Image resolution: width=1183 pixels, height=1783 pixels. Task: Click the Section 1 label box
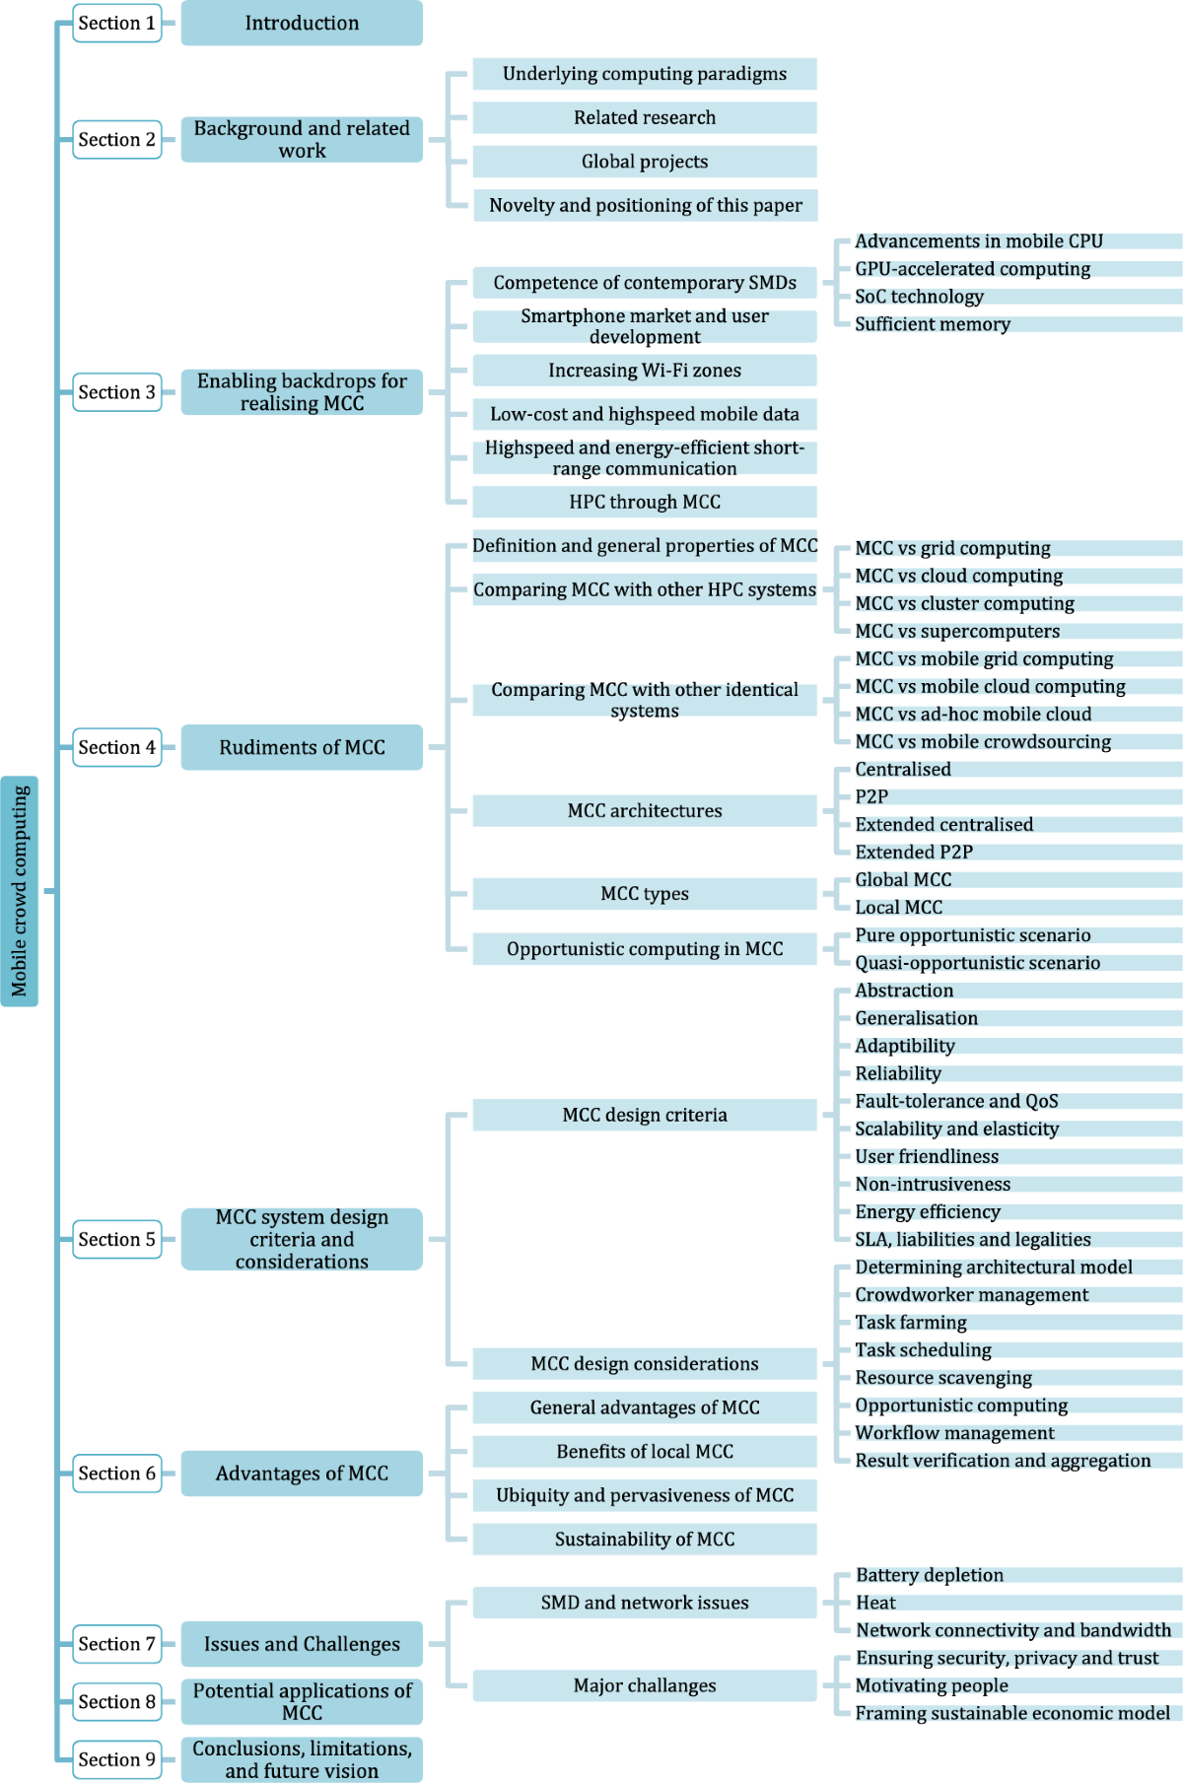pos(116,23)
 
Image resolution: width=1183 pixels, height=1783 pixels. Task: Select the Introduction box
pos(302,23)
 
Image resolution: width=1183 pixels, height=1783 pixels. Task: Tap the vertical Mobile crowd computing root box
pos(20,890)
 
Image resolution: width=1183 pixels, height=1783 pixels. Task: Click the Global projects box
pos(645,162)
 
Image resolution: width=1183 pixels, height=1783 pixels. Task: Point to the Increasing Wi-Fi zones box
pos(645,371)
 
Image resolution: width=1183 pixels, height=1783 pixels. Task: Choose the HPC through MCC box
pos(645,502)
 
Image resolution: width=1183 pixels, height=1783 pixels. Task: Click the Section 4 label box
pos(116,747)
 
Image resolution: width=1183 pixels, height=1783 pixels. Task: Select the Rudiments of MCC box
pos(302,747)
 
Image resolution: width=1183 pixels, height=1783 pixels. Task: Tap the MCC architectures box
pos(645,810)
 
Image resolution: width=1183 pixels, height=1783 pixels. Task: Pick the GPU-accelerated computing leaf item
pos(972,269)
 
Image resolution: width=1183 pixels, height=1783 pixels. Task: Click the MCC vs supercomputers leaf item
pos(957,631)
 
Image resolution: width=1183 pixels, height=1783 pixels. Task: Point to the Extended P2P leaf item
pos(914,852)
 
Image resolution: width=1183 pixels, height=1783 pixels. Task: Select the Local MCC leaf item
pos(898,907)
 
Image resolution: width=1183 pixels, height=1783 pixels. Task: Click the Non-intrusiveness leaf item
pos(933,1184)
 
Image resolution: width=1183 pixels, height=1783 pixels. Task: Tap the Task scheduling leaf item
pos(923,1349)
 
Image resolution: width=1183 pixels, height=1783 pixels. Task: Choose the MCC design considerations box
pos(645,1363)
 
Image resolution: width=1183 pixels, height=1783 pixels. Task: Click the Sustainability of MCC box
pos(645,1539)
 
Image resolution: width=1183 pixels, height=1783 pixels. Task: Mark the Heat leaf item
pos(875,1603)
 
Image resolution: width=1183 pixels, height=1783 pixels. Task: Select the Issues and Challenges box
pos(302,1644)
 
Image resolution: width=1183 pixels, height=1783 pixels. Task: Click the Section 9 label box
pos(116,1759)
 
